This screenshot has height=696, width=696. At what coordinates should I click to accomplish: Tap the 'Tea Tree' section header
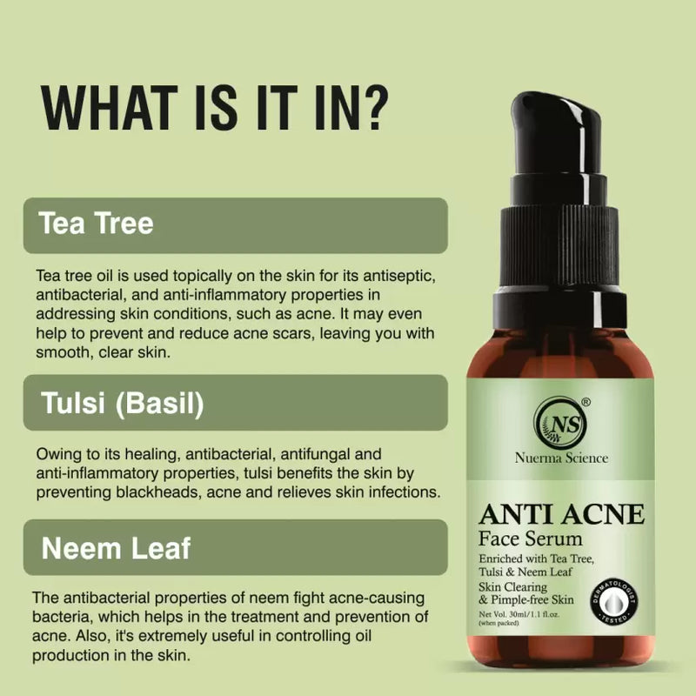tap(97, 224)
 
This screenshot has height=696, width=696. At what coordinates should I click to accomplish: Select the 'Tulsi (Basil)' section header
tap(123, 404)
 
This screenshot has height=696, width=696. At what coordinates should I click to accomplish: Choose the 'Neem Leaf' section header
tap(116, 548)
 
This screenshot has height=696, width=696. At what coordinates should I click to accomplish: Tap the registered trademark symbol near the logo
tap(586, 402)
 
